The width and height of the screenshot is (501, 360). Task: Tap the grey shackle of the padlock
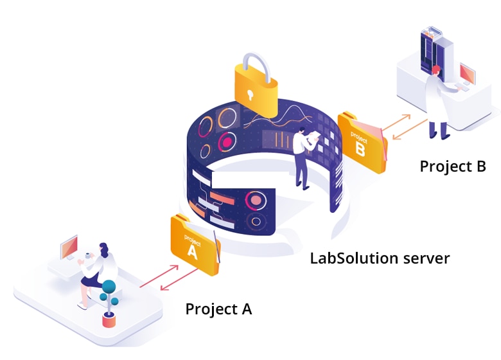(x=253, y=61)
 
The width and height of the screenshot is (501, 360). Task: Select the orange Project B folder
(x=362, y=141)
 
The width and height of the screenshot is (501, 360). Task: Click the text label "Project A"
(x=218, y=309)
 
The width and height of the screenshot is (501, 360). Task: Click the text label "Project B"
(x=452, y=166)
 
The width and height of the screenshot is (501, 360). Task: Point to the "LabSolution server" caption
(x=380, y=258)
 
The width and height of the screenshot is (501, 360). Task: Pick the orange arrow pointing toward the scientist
(x=411, y=131)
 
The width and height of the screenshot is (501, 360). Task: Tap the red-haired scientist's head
(x=437, y=69)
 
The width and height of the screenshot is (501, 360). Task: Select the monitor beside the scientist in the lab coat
(x=468, y=75)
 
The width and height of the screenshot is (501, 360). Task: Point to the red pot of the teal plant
(x=109, y=319)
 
